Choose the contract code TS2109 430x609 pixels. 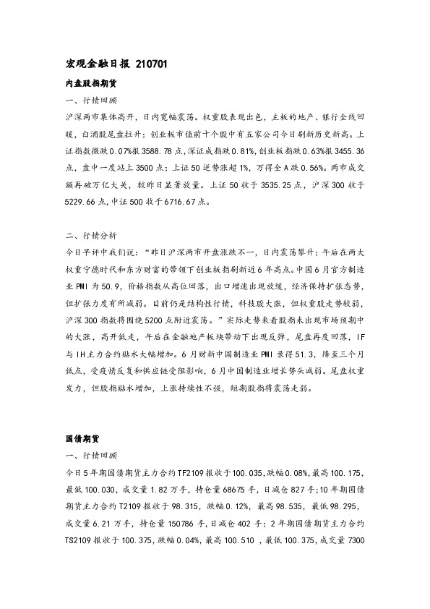79,540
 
